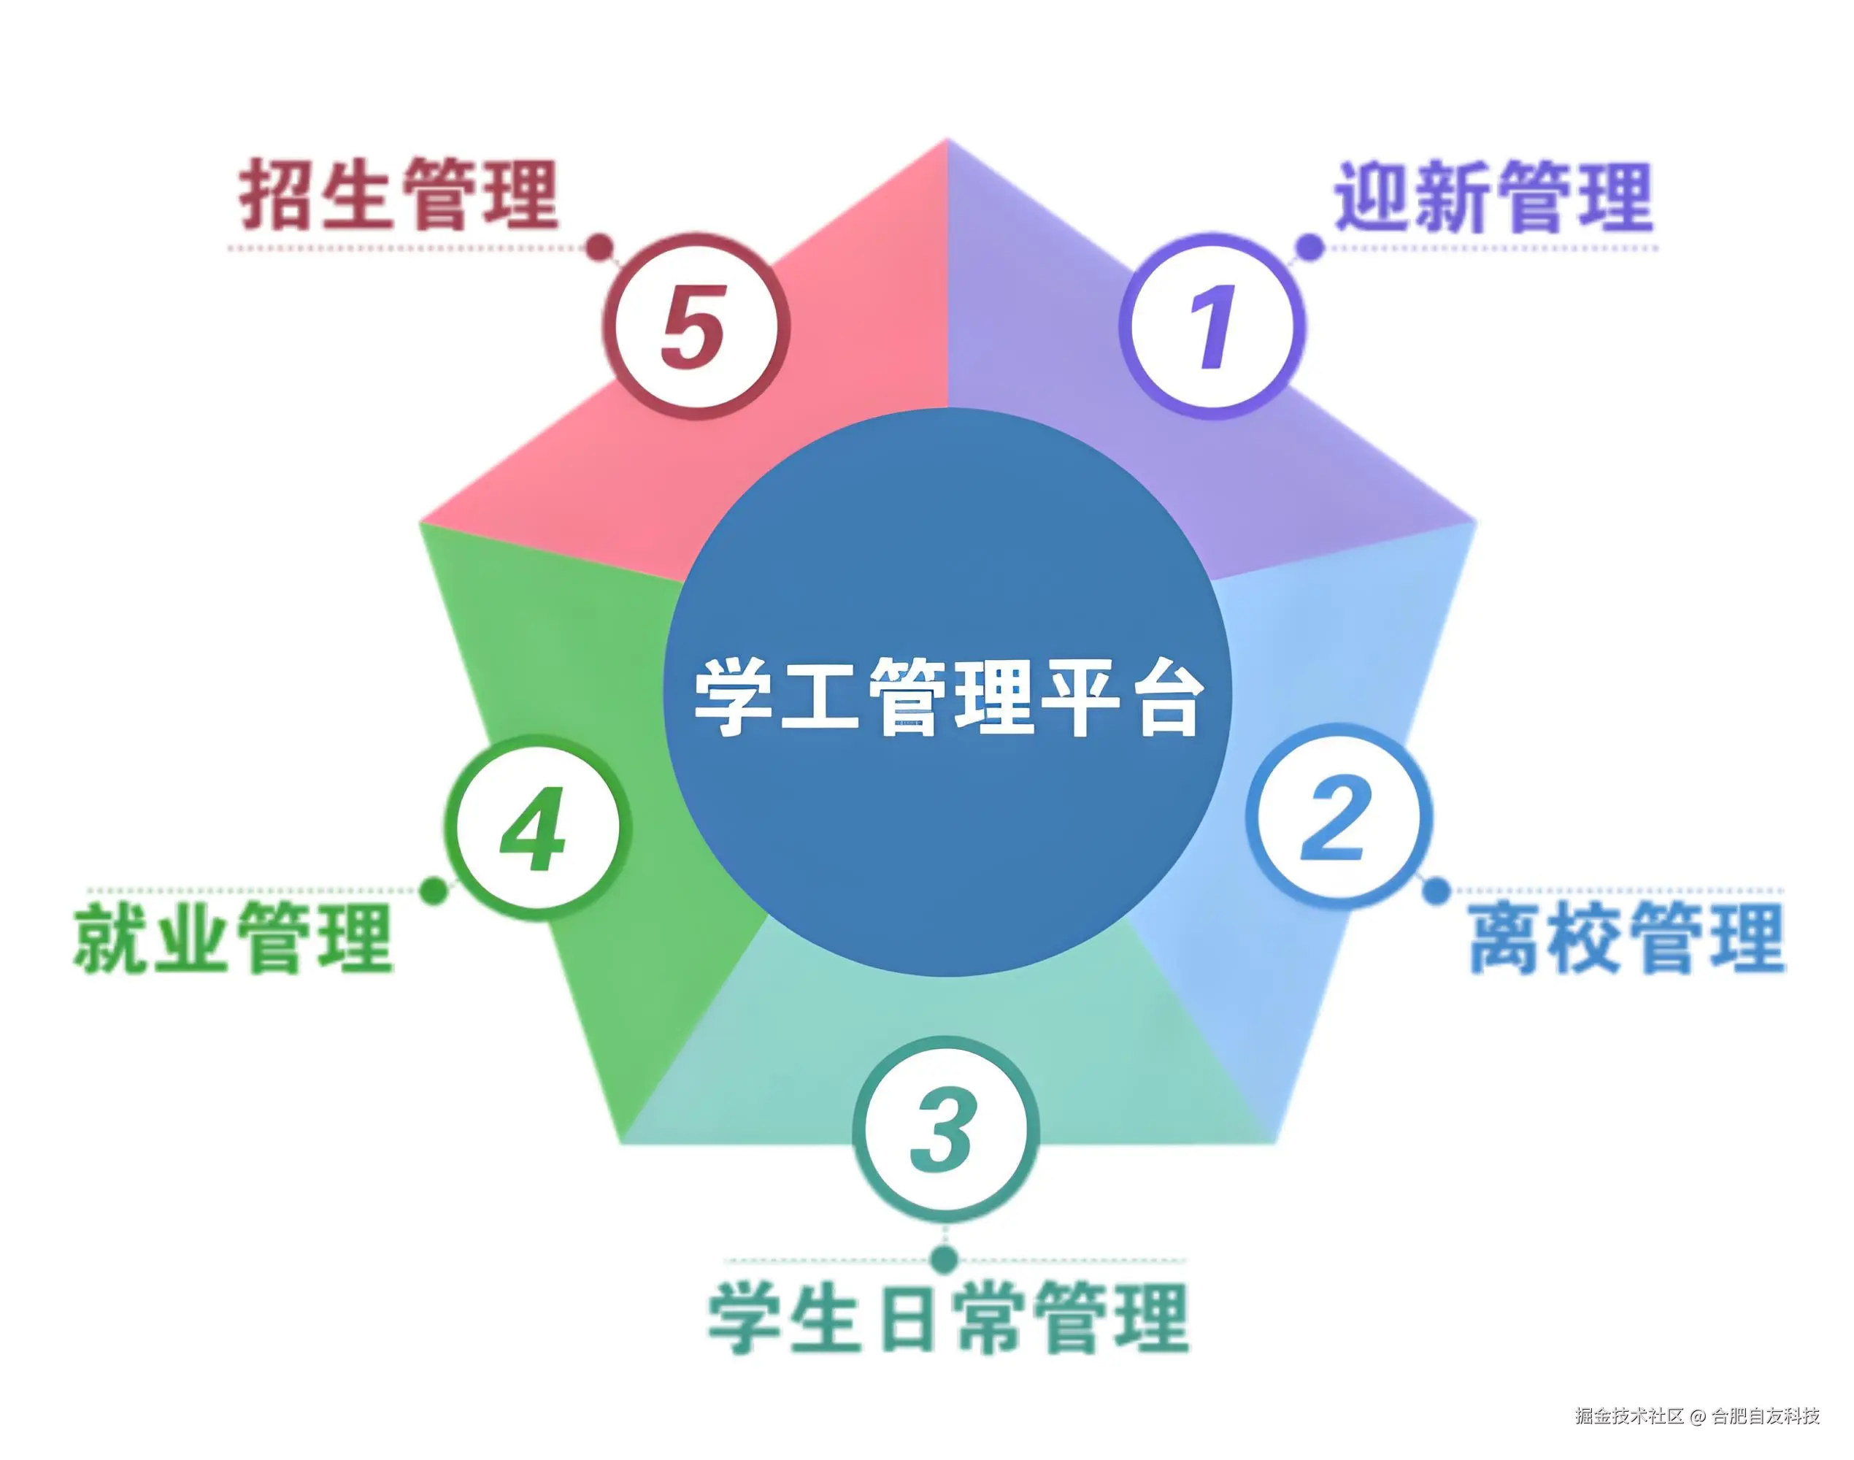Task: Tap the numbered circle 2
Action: pyautogui.click(x=1338, y=816)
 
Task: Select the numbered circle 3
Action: pyautogui.click(x=945, y=1129)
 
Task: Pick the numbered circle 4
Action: pyautogui.click(x=536, y=827)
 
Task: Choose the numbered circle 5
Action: pyautogui.click(x=695, y=326)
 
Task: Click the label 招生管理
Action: pyautogui.click(x=399, y=194)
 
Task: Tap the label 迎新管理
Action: pyautogui.click(x=1493, y=196)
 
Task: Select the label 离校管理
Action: pyautogui.click(x=1627, y=939)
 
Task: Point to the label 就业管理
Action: pyautogui.click(x=234, y=939)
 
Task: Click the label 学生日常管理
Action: pyautogui.click(x=948, y=1317)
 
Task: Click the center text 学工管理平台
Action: pyautogui.click(x=948, y=696)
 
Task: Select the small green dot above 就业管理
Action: pyautogui.click(x=434, y=891)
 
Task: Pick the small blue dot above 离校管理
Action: pyautogui.click(x=1437, y=891)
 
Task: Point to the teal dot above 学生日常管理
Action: pyautogui.click(x=945, y=1259)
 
